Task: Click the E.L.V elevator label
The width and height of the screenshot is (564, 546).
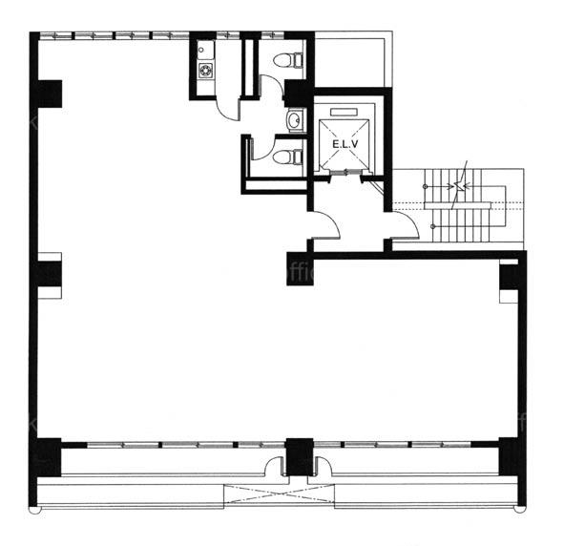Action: tap(345, 144)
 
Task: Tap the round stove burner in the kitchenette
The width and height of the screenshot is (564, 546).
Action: tap(206, 70)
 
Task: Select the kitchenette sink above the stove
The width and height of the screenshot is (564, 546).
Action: tap(206, 51)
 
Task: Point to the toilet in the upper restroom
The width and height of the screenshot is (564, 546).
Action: tap(288, 60)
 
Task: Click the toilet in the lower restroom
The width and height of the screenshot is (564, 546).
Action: tap(288, 157)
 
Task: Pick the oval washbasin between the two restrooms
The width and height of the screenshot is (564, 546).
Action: tap(296, 120)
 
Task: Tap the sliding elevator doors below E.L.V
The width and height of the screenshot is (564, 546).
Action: tap(345, 173)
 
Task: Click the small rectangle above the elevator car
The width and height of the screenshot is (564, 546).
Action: tap(345, 112)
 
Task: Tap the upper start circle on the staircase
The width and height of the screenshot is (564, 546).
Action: tap(426, 187)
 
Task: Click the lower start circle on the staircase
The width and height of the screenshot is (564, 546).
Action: tap(433, 226)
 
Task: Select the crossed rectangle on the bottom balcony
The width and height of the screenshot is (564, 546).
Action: tap(279, 496)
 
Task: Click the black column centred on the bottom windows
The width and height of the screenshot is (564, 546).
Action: tap(300, 457)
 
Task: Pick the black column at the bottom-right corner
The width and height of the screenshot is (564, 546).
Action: tap(509, 456)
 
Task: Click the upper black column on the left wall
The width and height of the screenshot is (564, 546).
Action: tap(50, 94)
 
